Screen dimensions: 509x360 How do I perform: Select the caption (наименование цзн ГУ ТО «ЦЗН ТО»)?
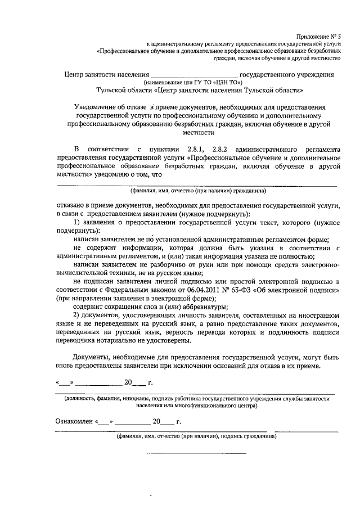193,83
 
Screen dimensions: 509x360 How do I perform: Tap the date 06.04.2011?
198,290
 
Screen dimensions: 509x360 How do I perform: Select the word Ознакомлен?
74,421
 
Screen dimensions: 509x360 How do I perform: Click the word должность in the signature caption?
82,398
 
